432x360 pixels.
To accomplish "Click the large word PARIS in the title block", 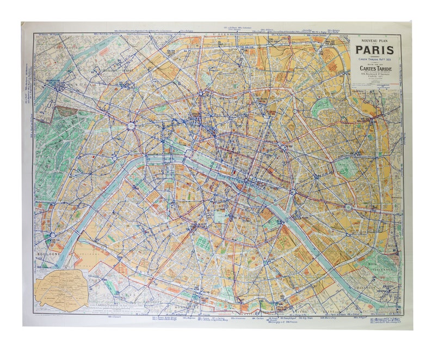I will pos(376,52).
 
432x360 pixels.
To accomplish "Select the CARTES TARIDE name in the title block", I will pos(376,68).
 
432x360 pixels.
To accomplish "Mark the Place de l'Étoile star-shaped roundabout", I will pos(131,126).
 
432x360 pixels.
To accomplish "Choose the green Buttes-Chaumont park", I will pos(322,107).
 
